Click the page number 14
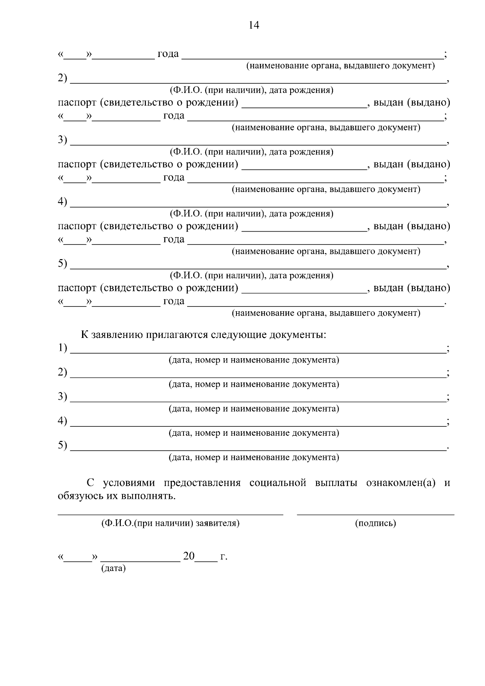coord(254,25)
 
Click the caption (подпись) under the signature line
coord(375,523)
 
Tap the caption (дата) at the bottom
coord(113,568)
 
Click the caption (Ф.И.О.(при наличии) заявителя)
coord(170,523)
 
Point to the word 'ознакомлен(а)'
coord(401,483)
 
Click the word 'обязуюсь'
coord(80,496)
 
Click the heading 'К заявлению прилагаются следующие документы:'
coord(203,335)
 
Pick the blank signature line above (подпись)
coord(375,514)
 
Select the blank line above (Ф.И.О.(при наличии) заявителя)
coord(170,514)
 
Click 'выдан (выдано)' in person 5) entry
coord(411,288)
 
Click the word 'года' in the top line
coord(168,53)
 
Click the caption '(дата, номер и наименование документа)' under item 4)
coord(253,433)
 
